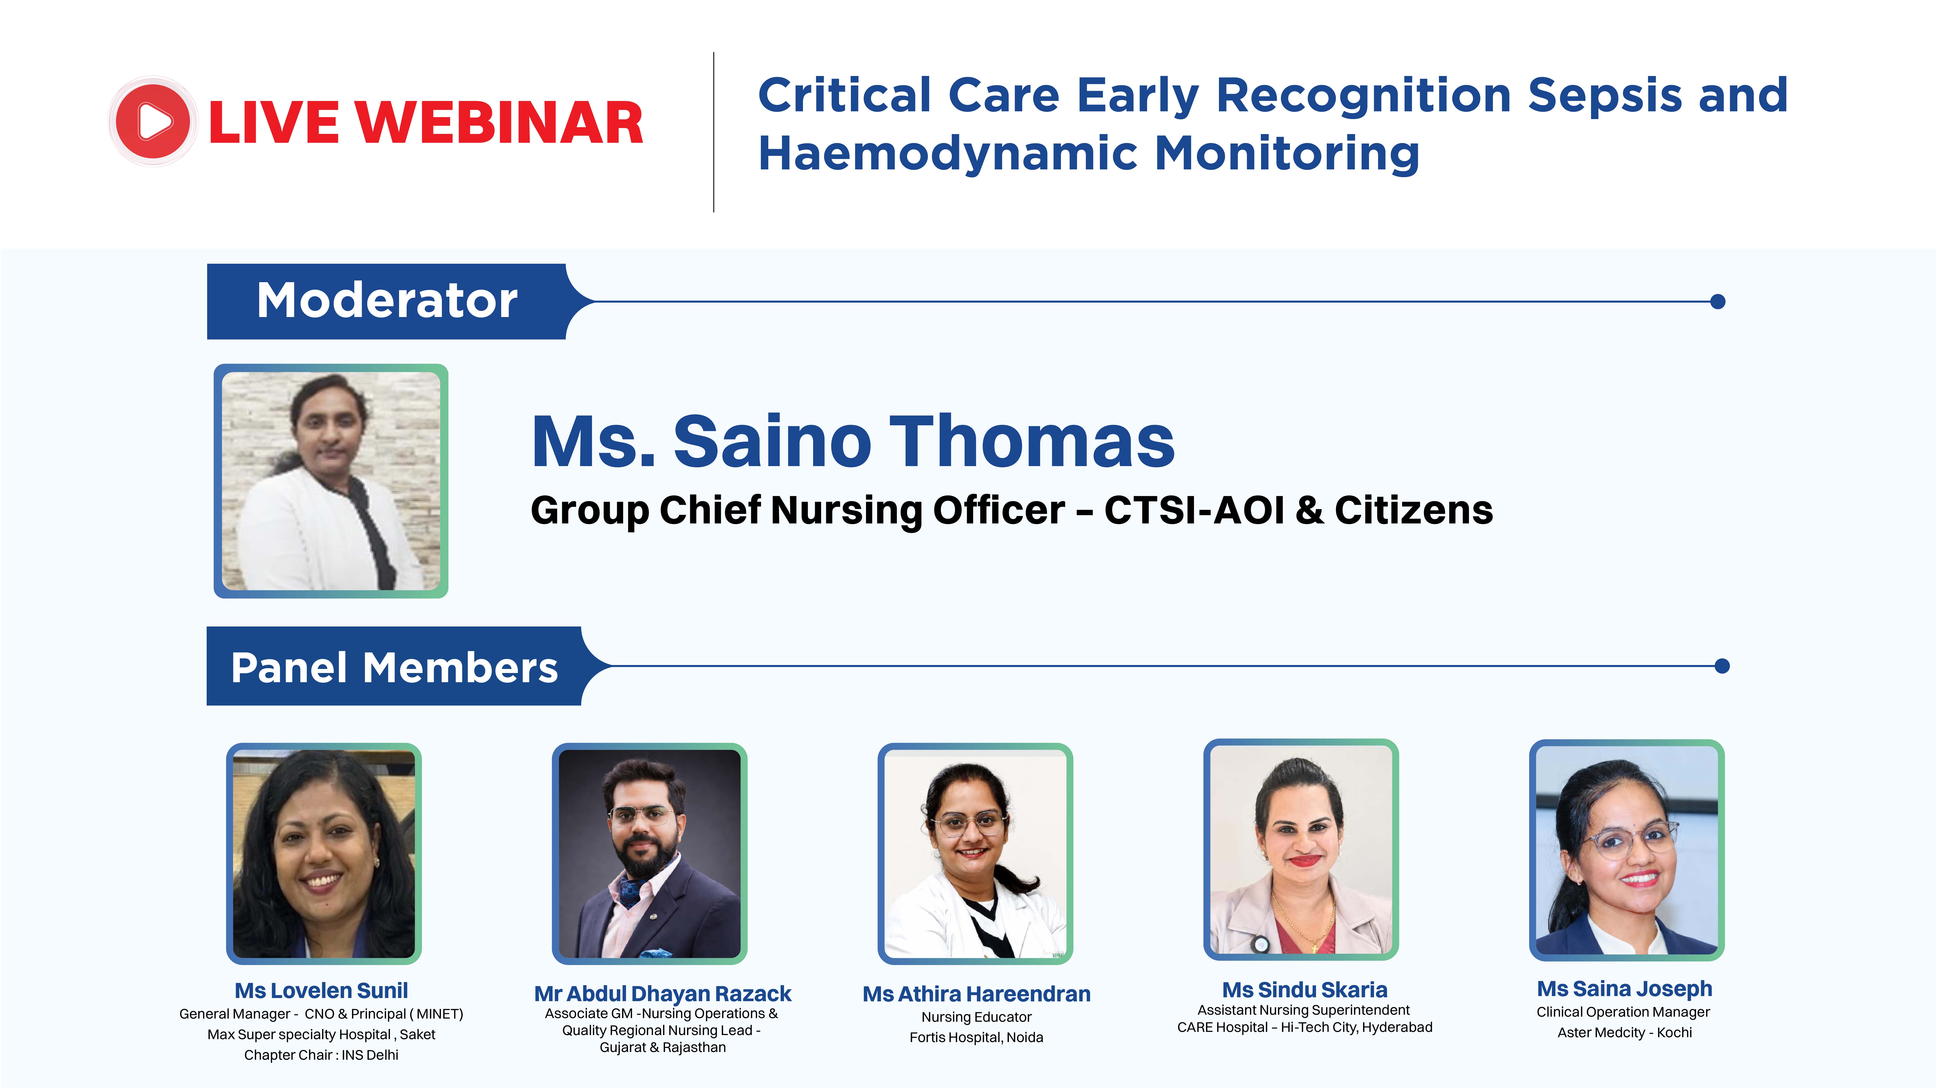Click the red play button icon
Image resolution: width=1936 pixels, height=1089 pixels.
pos(153,121)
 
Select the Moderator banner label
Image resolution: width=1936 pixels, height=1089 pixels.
pos(387,301)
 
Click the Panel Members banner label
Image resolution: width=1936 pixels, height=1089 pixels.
pos(394,667)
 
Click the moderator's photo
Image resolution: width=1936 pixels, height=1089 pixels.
pos(331,481)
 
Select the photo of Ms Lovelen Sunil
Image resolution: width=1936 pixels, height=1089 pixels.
pos(324,854)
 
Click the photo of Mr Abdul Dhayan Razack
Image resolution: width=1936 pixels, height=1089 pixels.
pos(649,854)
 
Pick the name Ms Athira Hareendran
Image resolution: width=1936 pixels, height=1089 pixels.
pos(976,994)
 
